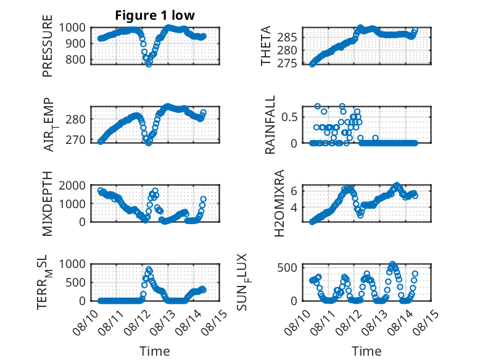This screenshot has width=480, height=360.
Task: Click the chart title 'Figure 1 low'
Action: (155, 15)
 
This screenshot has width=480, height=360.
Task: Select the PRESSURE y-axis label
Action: (48, 46)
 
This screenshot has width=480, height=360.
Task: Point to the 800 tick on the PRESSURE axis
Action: (76, 59)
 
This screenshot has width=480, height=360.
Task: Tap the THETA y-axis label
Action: (266, 46)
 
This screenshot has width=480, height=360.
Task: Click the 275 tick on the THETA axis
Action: (287, 64)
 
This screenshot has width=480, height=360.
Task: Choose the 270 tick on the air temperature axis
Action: (76, 140)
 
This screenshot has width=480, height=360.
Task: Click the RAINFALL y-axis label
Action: (270, 125)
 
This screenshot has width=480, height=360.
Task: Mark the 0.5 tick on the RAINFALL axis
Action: (289, 117)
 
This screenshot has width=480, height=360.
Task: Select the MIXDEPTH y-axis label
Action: (48, 203)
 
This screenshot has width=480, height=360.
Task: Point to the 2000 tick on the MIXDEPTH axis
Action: (72, 185)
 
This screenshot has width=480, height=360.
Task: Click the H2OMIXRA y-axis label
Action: (279, 203)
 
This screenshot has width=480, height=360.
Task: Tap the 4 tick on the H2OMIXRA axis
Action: (294, 207)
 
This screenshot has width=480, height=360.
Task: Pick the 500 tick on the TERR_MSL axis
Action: (76, 282)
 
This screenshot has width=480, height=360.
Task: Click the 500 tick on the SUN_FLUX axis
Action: (287, 268)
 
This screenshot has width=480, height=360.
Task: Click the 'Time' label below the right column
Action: (366, 351)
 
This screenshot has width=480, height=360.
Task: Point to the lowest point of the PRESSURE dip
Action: (149, 64)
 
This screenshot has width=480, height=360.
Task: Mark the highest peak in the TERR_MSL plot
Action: (149, 270)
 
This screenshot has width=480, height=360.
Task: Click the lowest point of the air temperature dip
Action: (149, 143)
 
